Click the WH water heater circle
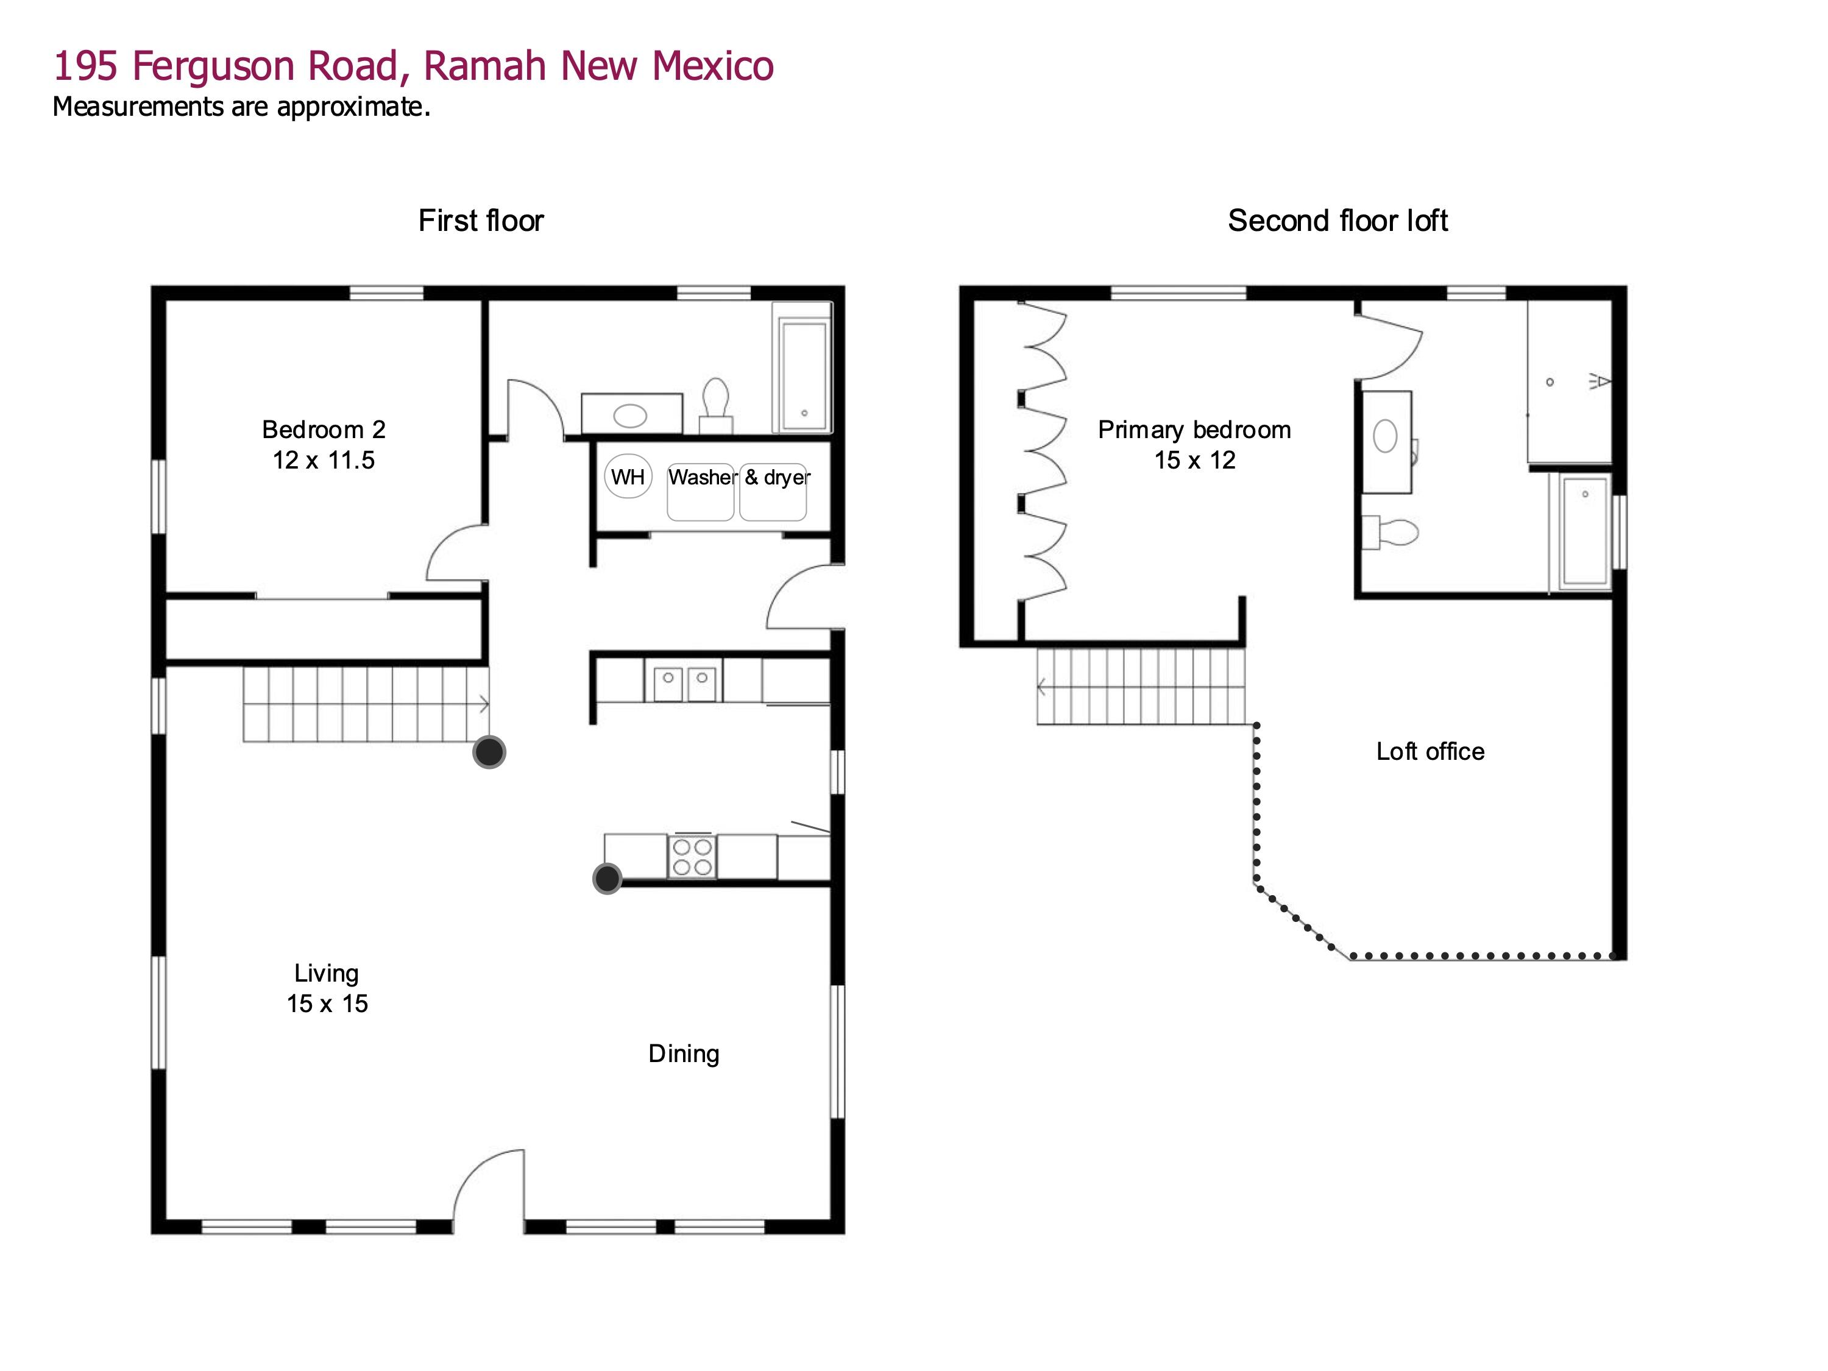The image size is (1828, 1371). [628, 477]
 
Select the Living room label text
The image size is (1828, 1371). [327, 988]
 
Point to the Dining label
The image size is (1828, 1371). [684, 1054]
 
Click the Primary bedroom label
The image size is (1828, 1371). [1194, 445]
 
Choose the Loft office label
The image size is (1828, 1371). [1429, 751]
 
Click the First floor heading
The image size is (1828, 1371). [481, 221]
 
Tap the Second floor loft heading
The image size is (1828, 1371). [1337, 221]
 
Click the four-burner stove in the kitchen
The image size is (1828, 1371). [693, 857]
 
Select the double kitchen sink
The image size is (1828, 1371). [685, 682]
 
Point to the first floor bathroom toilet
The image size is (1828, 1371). [716, 401]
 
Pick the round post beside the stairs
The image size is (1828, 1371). [489, 752]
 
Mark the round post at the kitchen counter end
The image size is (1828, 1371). [608, 879]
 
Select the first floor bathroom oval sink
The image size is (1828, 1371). [631, 415]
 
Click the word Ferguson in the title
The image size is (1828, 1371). [213, 66]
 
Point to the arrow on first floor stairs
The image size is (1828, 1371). [483, 705]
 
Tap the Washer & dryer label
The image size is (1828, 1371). [739, 478]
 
